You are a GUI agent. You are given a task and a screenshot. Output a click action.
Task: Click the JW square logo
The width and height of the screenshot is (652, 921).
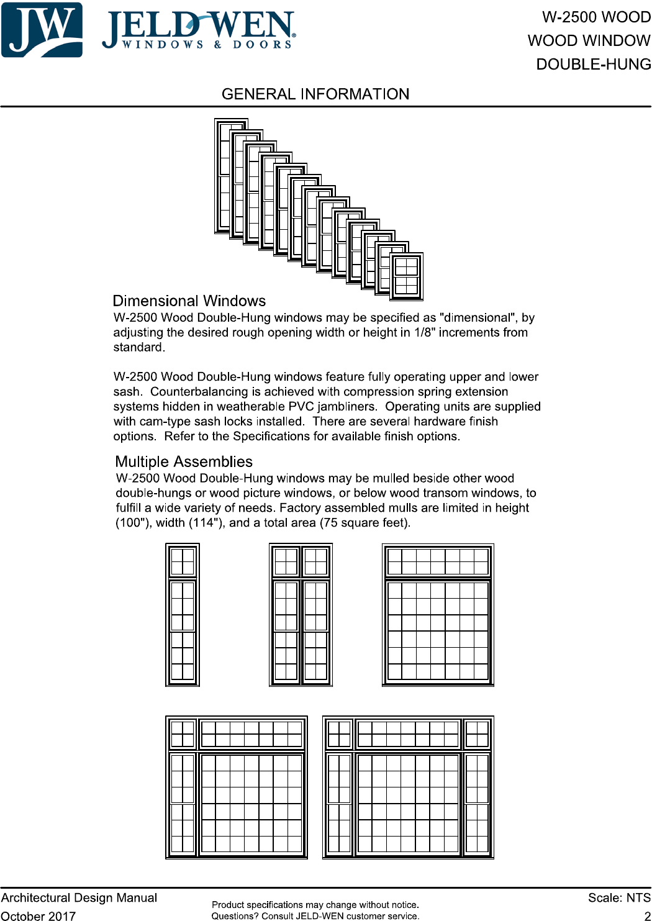(42, 30)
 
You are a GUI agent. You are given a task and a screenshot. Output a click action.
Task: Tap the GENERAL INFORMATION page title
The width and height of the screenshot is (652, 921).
(315, 94)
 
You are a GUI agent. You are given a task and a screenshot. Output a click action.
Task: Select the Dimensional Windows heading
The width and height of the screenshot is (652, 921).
(189, 301)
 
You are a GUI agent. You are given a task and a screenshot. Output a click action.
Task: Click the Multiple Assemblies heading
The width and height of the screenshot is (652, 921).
(184, 462)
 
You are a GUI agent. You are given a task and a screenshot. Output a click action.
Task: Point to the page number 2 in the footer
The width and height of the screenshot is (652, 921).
(647, 915)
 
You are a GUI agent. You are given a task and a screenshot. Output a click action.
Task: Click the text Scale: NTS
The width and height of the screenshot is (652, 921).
(619, 898)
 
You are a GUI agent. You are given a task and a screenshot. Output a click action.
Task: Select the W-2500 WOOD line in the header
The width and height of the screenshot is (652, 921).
(596, 17)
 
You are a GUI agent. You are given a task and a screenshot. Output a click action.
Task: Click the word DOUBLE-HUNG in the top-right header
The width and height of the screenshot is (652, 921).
(594, 65)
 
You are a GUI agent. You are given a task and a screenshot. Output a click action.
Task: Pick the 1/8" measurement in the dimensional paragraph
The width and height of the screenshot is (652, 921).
(425, 333)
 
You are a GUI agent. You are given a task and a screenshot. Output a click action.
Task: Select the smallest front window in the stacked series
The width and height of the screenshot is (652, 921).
(407, 276)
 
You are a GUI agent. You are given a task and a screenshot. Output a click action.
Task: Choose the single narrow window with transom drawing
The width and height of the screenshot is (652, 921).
(183, 615)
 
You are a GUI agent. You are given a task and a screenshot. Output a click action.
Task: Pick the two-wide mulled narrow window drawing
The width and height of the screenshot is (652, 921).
(301, 615)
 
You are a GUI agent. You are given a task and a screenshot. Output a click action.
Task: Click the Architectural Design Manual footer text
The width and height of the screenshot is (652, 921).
(79, 898)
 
